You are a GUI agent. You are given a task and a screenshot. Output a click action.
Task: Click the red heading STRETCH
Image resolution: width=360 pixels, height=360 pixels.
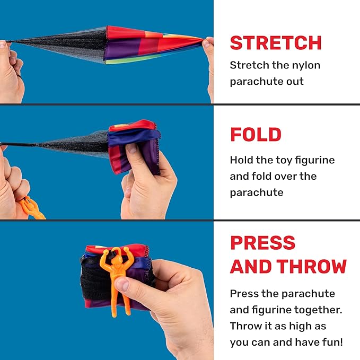(x=276, y=43)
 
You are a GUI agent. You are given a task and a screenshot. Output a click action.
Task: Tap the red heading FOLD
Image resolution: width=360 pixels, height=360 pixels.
(x=256, y=134)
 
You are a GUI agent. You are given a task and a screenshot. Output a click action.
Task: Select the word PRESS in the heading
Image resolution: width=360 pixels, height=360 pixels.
(x=262, y=242)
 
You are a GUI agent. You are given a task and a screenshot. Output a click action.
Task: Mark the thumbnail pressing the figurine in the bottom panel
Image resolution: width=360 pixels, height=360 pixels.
(x=122, y=284)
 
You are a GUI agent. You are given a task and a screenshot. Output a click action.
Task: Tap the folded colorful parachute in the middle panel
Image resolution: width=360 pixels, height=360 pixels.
(x=134, y=146)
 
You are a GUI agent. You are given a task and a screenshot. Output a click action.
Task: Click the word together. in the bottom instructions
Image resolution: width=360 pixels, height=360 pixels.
(x=318, y=310)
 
